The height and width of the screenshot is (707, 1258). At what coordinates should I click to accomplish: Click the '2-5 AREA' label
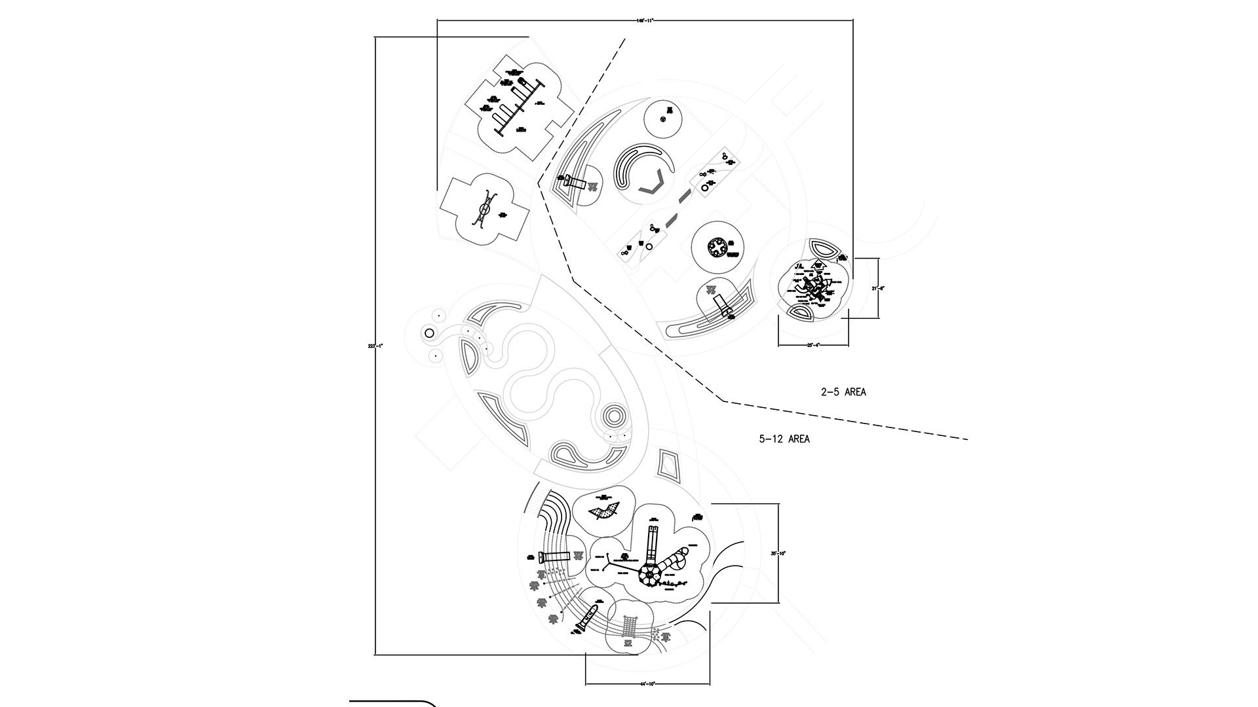(x=843, y=392)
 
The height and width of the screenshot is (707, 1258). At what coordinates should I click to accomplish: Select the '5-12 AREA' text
(x=784, y=439)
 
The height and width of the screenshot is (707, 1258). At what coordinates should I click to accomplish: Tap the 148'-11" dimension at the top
(x=645, y=20)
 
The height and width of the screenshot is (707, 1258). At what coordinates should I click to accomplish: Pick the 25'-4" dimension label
(x=813, y=345)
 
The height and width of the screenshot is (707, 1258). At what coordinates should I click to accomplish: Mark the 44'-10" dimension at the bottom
(x=647, y=684)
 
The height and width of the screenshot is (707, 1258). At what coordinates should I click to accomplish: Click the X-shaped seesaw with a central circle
(x=484, y=209)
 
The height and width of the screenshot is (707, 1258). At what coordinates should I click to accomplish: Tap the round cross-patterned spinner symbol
(x=718, y=249)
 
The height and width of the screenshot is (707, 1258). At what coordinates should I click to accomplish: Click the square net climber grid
(x=630, y=625)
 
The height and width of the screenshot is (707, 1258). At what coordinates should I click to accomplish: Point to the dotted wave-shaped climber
(x=605, y=510)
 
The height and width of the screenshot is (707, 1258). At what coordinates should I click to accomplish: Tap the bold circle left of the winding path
(x=429, y=333)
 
